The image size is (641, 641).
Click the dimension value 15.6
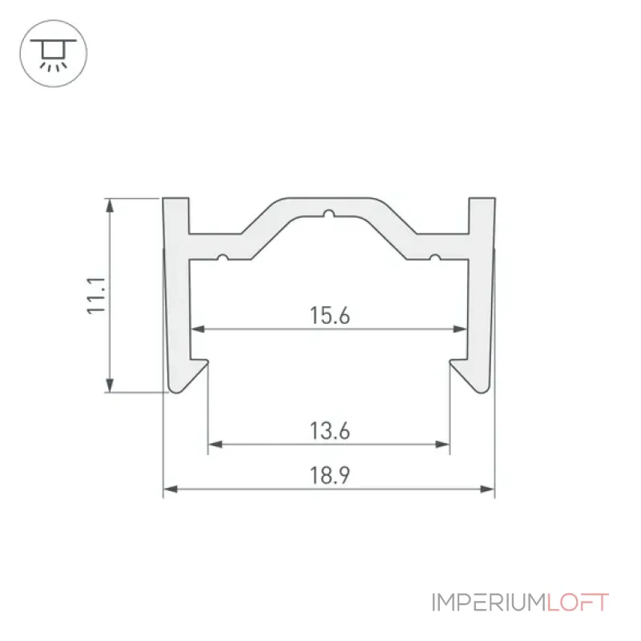coord(330,316)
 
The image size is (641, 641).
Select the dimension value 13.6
coord(330,431)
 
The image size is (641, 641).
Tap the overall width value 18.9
coord(330,475)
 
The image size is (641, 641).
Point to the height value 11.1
coord(96,295)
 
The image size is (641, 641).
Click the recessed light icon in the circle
coord(54,53)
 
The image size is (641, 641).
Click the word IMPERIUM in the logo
coord(489,603)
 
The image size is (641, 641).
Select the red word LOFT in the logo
coord(578,603)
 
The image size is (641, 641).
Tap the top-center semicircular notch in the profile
coord(329,213)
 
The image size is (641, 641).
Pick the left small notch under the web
coord(223,257)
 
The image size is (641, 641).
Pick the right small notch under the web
coord(435,257)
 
